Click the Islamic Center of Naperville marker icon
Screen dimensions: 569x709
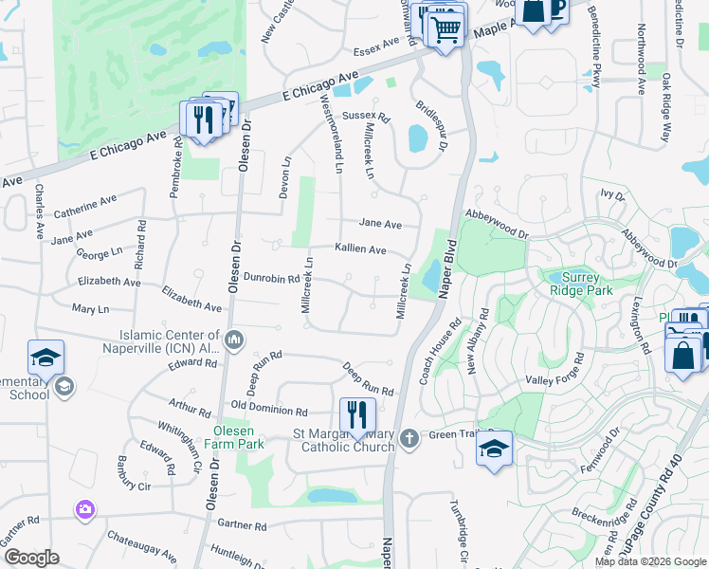point(235,338)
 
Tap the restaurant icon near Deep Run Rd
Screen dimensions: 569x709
point(357,415)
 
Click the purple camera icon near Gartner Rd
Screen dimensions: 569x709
point(86,510)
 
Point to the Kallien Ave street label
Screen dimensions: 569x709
point(360,249)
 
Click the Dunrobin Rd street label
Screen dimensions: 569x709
point(272,279)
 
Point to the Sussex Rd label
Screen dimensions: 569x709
point(366,116)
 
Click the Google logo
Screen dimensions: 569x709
point(31,558)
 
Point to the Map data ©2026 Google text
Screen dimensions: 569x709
point(650,561)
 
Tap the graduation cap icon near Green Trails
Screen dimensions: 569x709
point(494,449)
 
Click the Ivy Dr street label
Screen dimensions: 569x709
point(612,195)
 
